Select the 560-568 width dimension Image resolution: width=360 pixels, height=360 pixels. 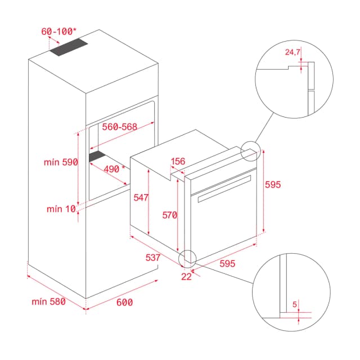point(119,127)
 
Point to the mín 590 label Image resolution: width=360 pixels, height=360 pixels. point(61,162)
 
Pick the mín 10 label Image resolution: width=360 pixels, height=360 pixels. point(61,209)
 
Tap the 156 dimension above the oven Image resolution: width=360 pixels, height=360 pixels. point(178,161)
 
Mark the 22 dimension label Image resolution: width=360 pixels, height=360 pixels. point(187,276)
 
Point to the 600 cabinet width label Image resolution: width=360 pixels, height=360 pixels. point(124,302)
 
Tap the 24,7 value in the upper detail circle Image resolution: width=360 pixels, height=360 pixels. point(293,52)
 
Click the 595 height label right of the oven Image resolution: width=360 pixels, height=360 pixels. point(272,184)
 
